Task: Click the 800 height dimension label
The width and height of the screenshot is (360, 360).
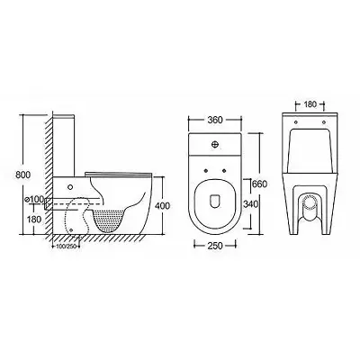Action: [23, 175]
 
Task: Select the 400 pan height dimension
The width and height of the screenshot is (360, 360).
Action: [163, 206]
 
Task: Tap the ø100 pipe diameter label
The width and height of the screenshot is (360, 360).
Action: [34, 199]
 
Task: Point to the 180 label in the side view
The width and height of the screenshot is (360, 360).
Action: [34, 220]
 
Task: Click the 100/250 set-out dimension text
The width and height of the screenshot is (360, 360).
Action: [65, 247]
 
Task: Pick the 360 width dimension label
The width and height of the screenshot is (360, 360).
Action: [215, 120]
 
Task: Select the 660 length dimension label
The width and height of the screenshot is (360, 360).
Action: [259, 184]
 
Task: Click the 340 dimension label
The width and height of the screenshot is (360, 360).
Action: [250, 204]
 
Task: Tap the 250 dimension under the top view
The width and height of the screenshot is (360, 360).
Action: [215, 246]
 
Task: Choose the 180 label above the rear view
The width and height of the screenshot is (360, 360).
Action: [310, 104]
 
